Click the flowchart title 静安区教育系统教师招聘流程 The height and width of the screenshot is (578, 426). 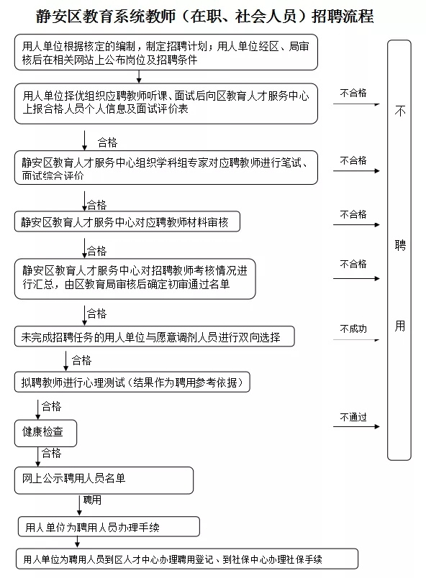pos(204,17)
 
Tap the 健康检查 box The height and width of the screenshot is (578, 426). pos(46,433)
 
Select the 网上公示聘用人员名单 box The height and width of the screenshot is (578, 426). pos(104,480)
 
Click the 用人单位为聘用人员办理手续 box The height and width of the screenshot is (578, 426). pos(109,526)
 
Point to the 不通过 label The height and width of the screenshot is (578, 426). pos(353,417)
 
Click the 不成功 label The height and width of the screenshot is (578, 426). pos(353,329)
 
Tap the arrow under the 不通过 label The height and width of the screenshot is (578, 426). pos(356,426)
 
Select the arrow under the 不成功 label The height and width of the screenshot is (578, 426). pos(356,340)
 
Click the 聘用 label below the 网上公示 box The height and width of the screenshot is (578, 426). pos(92,500)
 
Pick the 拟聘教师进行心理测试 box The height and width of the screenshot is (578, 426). pos(132,382)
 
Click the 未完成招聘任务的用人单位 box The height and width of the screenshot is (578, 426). pos(155,336)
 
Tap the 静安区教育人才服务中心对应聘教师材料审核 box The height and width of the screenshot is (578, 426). pos(127,221)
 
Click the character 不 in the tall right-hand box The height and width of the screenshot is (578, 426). pos(400,111)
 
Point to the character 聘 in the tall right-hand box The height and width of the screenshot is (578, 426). pos(400,244)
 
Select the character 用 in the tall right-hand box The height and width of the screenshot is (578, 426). pos(400,326)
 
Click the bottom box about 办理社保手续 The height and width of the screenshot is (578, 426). pos(187,559)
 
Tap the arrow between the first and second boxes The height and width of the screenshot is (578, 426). pos(139,77)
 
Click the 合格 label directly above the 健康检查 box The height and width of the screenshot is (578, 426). pos(51,406)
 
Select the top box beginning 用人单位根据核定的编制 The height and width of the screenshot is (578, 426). pos(166,52)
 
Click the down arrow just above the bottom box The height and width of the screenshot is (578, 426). pos(77,542)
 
